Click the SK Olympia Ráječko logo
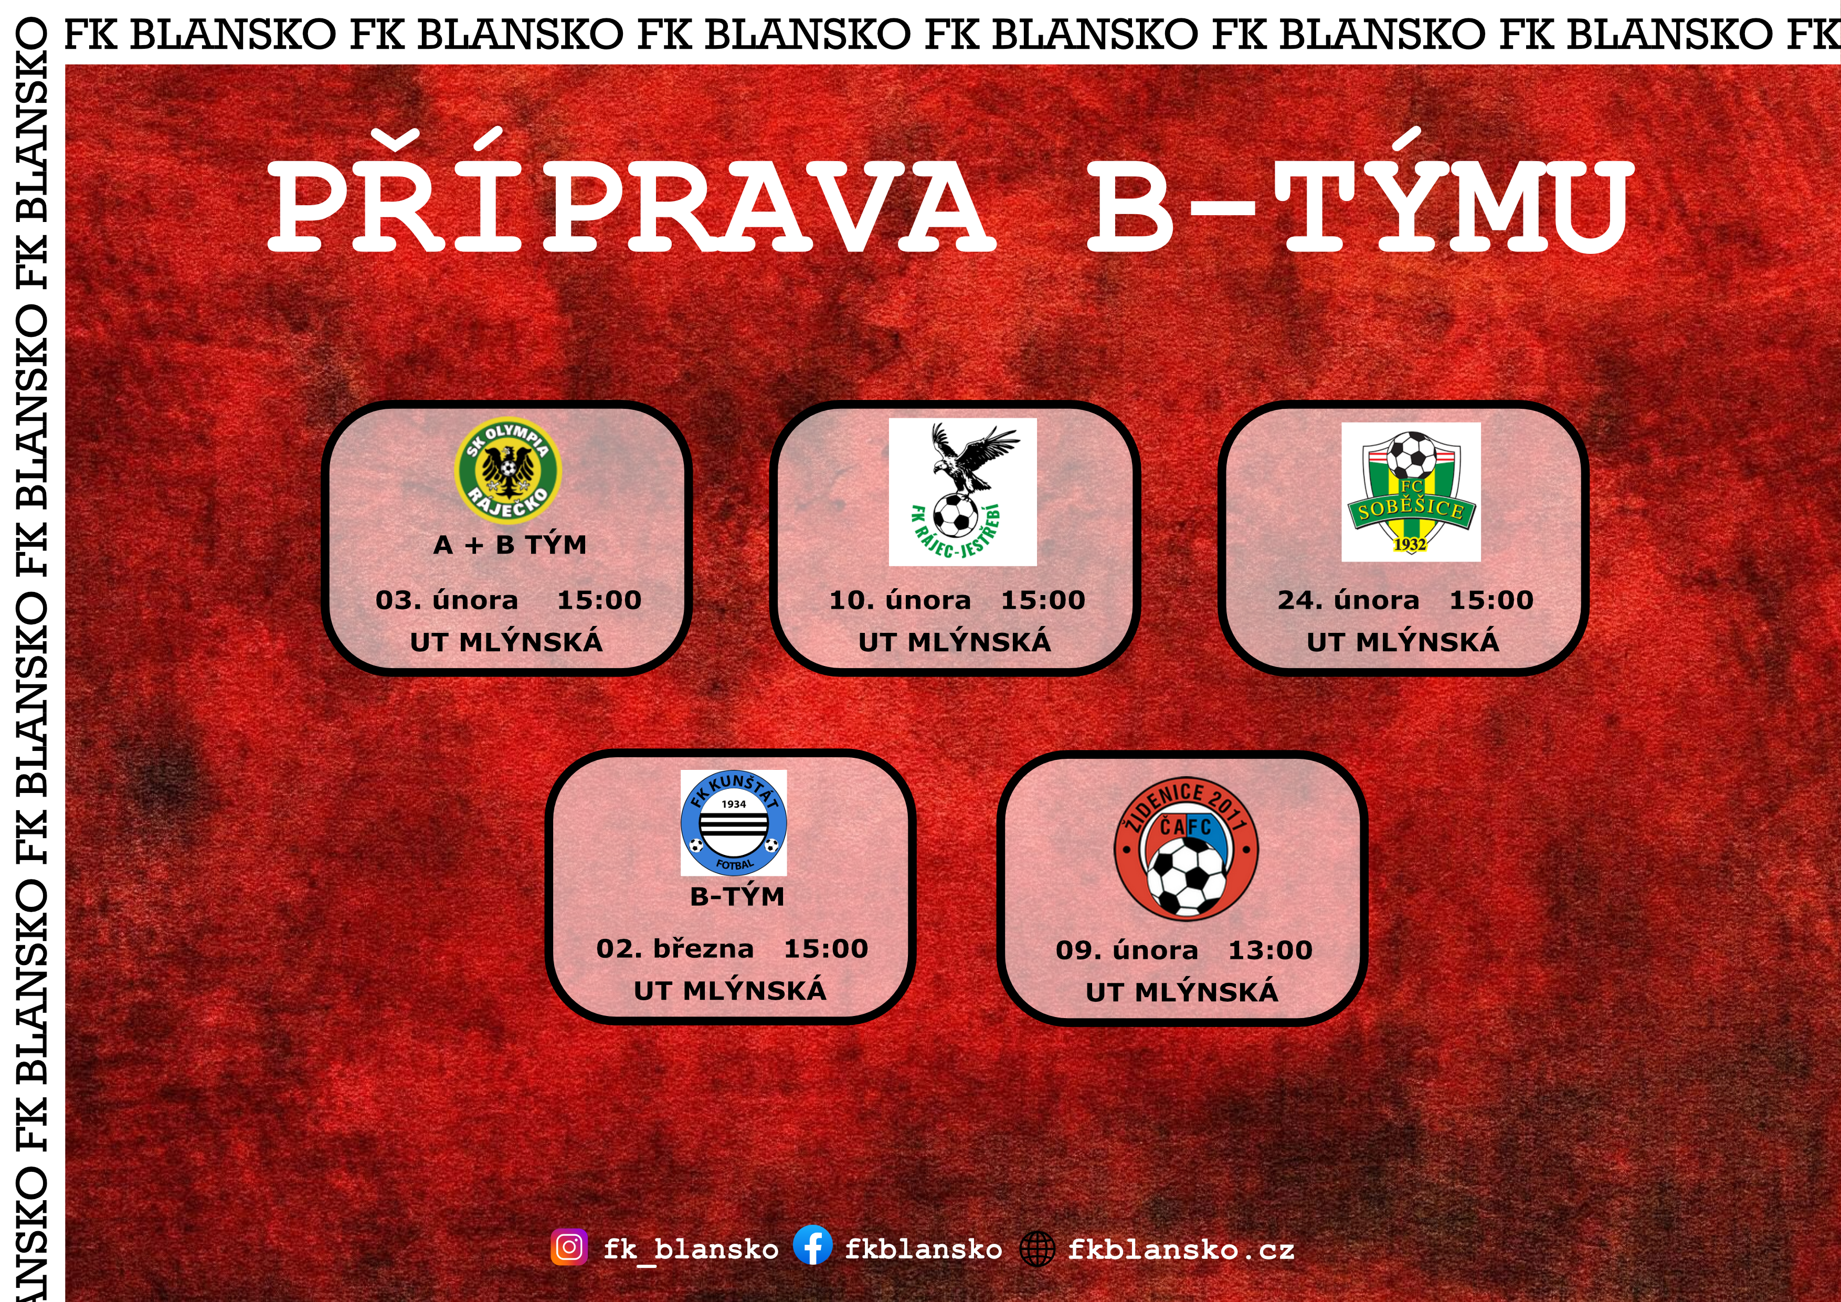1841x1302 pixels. (x=507, y=469)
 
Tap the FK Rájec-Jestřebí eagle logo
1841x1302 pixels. (x=962, y=491)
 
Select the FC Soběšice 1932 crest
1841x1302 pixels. (x=1411, y=491)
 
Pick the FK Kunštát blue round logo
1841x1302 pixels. (x=734, y=822)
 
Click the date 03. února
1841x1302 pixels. (x=447, y=600)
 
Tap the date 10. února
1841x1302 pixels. (x=900, y=600)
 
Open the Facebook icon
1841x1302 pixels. (x=813, y=1247)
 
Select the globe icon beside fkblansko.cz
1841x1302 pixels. (x=1037, y=1248)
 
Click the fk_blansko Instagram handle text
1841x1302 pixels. (x=691, y=1249)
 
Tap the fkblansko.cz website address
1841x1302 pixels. (x=1181, y=1249)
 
